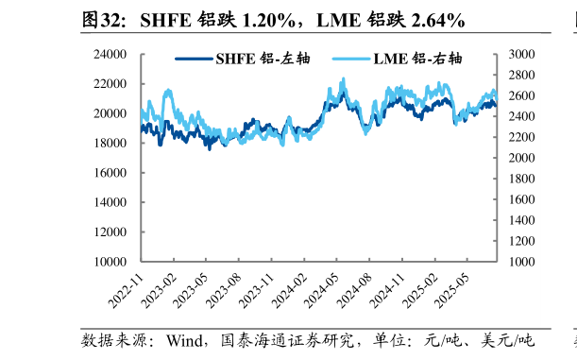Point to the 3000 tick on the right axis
pos(521,55)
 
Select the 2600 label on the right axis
pos(521,96)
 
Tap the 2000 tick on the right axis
pos(521,158)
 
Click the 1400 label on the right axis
pos(521,220)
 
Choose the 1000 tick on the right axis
pos(521,262)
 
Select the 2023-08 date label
pos(224,290)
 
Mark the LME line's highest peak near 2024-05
pos(343,79)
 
